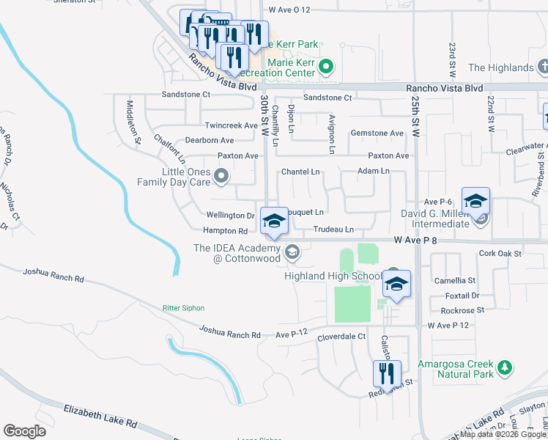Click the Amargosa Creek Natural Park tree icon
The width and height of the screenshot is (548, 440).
point(504,367)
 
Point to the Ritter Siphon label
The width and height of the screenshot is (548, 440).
point(183,308)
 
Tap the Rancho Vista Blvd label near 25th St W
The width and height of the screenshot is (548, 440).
point(444,88)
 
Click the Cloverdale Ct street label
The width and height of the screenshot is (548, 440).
point(341,337)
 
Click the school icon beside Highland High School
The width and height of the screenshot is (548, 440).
point(396,285)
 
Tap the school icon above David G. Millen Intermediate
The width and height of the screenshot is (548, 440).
point(475,201)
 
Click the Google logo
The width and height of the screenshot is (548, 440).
point(24,431)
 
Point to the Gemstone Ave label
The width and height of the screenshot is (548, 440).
point(377,133)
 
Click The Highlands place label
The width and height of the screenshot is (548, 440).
point(500,67)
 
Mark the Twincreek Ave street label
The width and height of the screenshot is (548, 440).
point(232,125)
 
